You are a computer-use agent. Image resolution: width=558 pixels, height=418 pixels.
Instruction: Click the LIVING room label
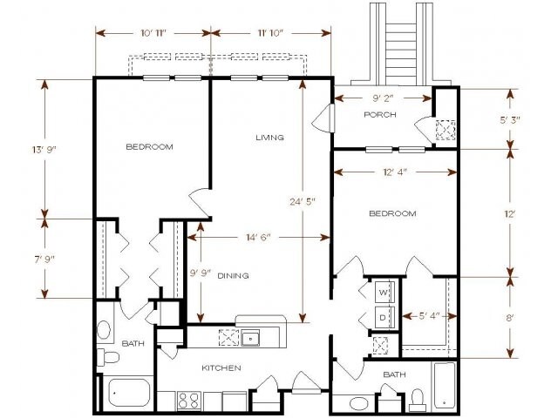tap(270, 138)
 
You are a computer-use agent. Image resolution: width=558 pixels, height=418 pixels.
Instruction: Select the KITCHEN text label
tap(221, 368)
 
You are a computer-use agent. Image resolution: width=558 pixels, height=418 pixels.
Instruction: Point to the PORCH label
tap(381, 115)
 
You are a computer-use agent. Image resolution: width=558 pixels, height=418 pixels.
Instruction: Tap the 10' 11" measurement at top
tap(153, 33)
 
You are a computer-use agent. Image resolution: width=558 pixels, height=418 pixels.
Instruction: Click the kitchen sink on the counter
tap(249, 337)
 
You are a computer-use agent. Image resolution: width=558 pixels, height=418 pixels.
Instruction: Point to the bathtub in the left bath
tap(130, 393)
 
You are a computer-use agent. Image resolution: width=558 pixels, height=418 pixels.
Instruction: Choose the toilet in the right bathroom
tap(417, 399)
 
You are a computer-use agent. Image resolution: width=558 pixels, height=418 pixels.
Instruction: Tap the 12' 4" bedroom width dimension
tap(395, 172)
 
